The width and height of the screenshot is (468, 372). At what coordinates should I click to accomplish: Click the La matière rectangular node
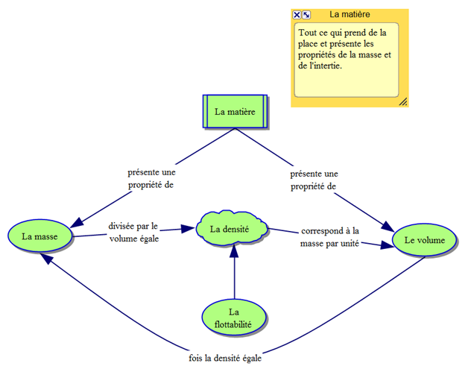[235, 112]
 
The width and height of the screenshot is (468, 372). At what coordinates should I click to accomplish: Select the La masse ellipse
[41, 236]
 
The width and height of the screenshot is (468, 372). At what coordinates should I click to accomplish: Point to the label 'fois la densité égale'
[225, 357]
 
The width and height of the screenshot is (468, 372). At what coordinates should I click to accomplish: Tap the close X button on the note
[297, 15]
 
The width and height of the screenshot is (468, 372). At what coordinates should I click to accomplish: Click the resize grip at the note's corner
[403, 101]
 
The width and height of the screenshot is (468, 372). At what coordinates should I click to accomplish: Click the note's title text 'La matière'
[350, 14]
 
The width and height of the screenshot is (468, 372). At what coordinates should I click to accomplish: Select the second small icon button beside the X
[306, 15]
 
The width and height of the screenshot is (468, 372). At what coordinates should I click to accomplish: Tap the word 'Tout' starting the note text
[307, 33]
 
